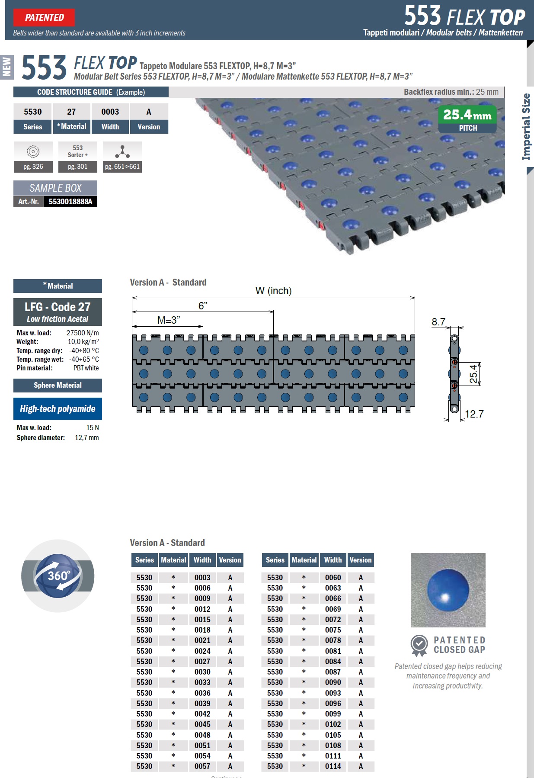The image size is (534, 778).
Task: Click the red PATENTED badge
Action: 44,18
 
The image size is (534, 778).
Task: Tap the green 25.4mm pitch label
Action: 467,115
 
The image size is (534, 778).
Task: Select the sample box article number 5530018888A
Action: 70,202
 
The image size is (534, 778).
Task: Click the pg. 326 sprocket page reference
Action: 33,167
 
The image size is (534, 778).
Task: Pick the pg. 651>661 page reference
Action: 122,167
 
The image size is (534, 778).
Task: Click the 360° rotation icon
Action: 58,576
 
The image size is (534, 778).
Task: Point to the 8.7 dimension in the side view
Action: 438,322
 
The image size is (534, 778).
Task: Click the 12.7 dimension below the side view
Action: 474,414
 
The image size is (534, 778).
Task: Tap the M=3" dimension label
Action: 169,320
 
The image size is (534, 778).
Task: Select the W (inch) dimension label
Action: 274,291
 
